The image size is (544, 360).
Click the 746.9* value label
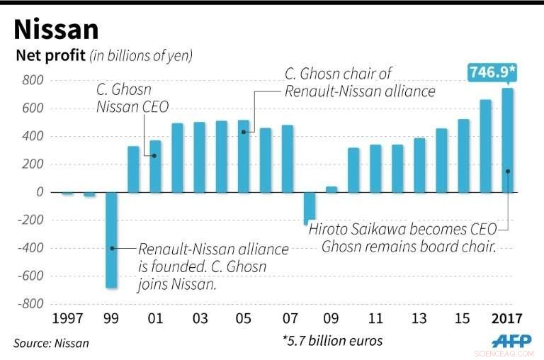[x=492, y=72]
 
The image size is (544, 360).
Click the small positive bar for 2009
[x=331, y=189]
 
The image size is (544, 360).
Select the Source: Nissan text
[x=51, y=343]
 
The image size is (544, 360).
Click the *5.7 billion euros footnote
[x=331, y=341]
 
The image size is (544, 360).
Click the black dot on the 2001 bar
[x=155, y=156]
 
